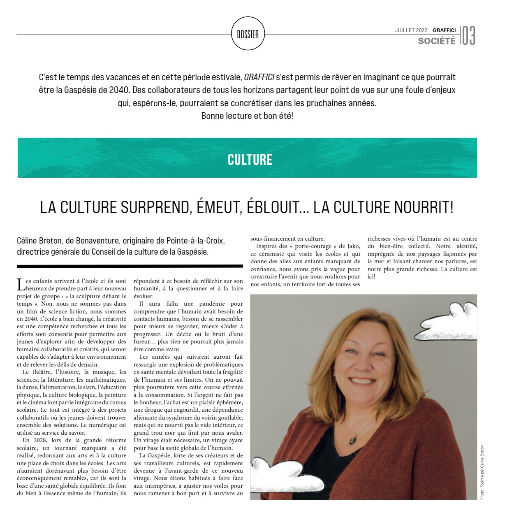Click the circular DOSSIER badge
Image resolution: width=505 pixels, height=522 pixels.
point(248,34)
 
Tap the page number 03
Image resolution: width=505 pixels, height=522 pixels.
point(468,36)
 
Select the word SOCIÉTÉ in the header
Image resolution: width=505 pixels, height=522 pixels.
point(437,41)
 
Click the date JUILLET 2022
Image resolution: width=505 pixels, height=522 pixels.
point(411,30)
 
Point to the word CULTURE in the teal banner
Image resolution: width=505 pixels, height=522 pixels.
point(250,160)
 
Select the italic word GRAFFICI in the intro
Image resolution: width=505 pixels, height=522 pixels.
point(259,77)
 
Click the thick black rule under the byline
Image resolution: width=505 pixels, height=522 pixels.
point(130,266)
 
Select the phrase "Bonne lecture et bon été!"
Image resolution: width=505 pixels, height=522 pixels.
point(247,116)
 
